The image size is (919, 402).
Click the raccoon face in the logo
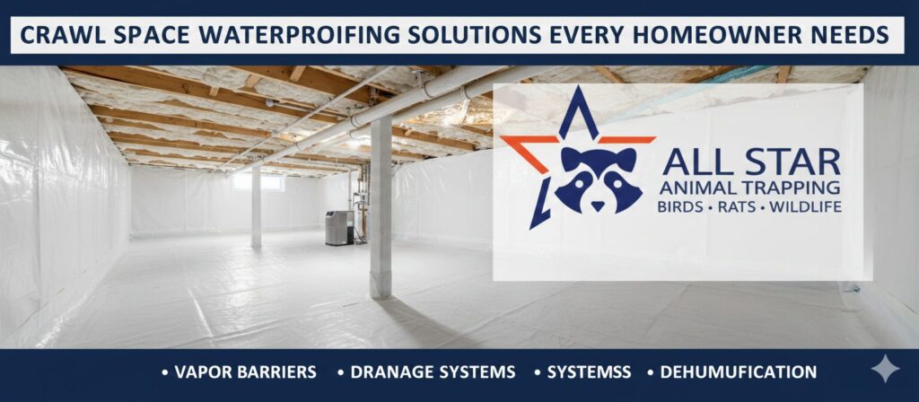click(598, 179)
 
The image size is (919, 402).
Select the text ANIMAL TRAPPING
click(749, 188)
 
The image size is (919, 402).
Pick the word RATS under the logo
click(732, 207)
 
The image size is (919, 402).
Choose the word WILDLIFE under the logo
click(805, 207)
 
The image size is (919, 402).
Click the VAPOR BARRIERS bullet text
click(246, 372)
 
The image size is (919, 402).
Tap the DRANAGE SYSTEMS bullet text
click(433, 372)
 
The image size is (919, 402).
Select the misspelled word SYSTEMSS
click(589, 372)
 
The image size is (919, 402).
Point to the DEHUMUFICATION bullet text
click(738, 372)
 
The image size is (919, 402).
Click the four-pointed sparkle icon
click(885, 369)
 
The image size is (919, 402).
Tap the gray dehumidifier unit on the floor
click(339, 227)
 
